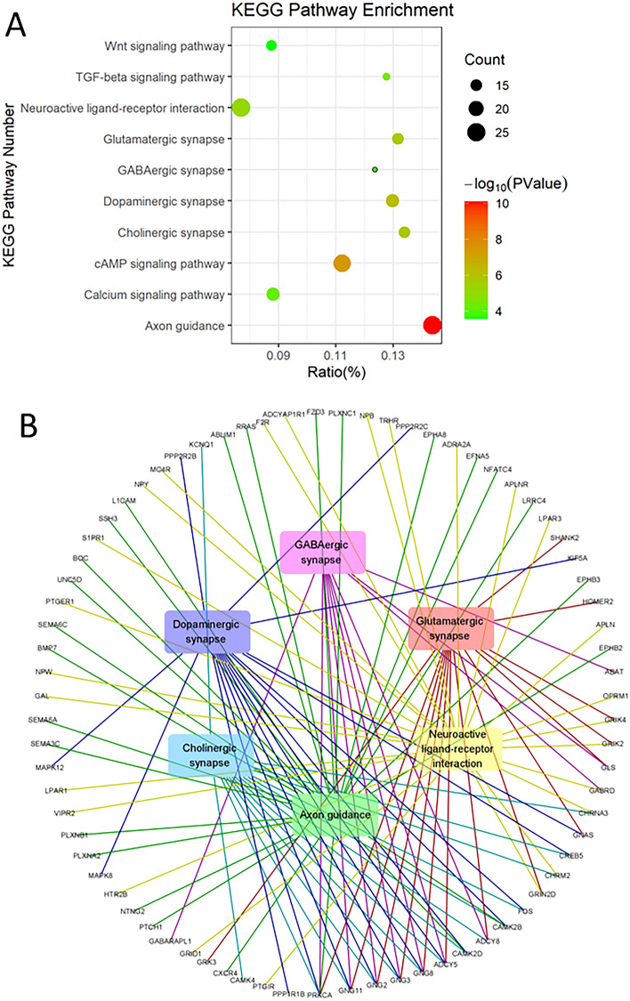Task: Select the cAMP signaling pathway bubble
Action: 342,262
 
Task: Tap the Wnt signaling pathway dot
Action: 271,45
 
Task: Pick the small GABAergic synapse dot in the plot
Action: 376,169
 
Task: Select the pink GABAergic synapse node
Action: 322,553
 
